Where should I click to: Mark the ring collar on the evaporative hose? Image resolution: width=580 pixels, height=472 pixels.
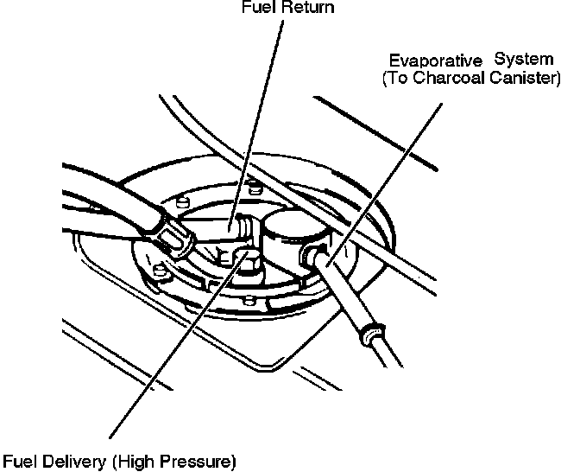click(x=373, y=332)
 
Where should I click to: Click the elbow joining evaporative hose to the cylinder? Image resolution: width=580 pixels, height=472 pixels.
click(x=313, y=256)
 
